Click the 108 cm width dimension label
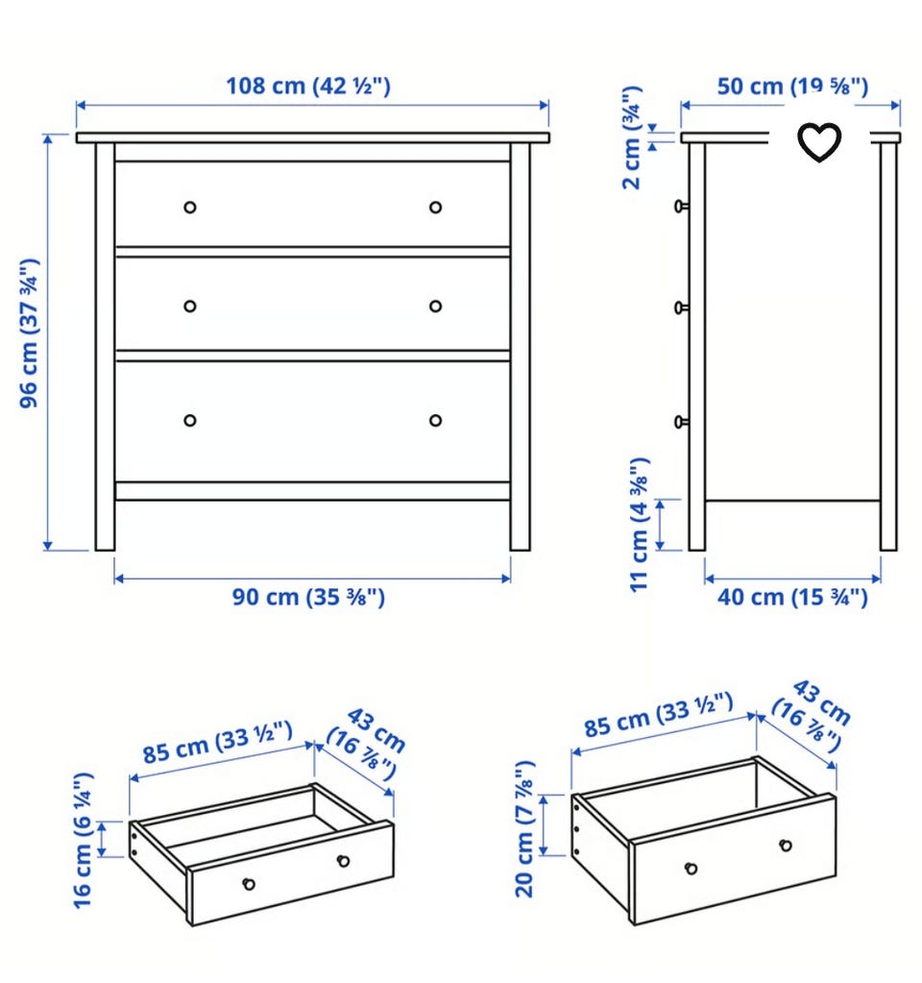(x=307, y=86)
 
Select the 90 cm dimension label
(x=308, y=597)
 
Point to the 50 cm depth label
(x=792, y=86)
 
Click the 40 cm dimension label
(x=792, y=597)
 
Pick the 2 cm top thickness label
(x=632, y=138)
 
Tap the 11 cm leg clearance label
(x=640, y=524)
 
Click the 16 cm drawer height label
(x=84, y=840)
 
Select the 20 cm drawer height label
(x=524, y=829)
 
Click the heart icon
(x=819, y=141)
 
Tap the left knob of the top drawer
(x=190, y=207)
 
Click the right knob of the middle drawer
(x=436, y=306)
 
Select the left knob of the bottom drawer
(x=190, y=420)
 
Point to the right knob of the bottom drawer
(x=436, y=420)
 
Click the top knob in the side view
(x=681, y=206)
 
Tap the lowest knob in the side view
(x=681, y=422)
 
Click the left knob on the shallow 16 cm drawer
(x=249, y=884)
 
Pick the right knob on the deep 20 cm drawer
(x=786, y=845)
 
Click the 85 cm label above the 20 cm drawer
(x=658, y=715)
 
